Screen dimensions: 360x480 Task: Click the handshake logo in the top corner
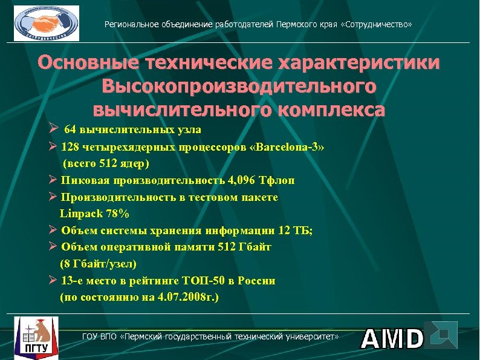47,23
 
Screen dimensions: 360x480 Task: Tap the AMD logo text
392,338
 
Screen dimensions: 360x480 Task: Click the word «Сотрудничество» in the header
379,25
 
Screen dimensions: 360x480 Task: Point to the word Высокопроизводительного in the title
239,87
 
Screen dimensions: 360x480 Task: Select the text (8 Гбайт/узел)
99,264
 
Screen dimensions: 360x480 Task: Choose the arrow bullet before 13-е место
53,280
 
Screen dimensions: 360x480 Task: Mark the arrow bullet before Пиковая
53,180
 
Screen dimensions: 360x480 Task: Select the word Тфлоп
276,180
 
